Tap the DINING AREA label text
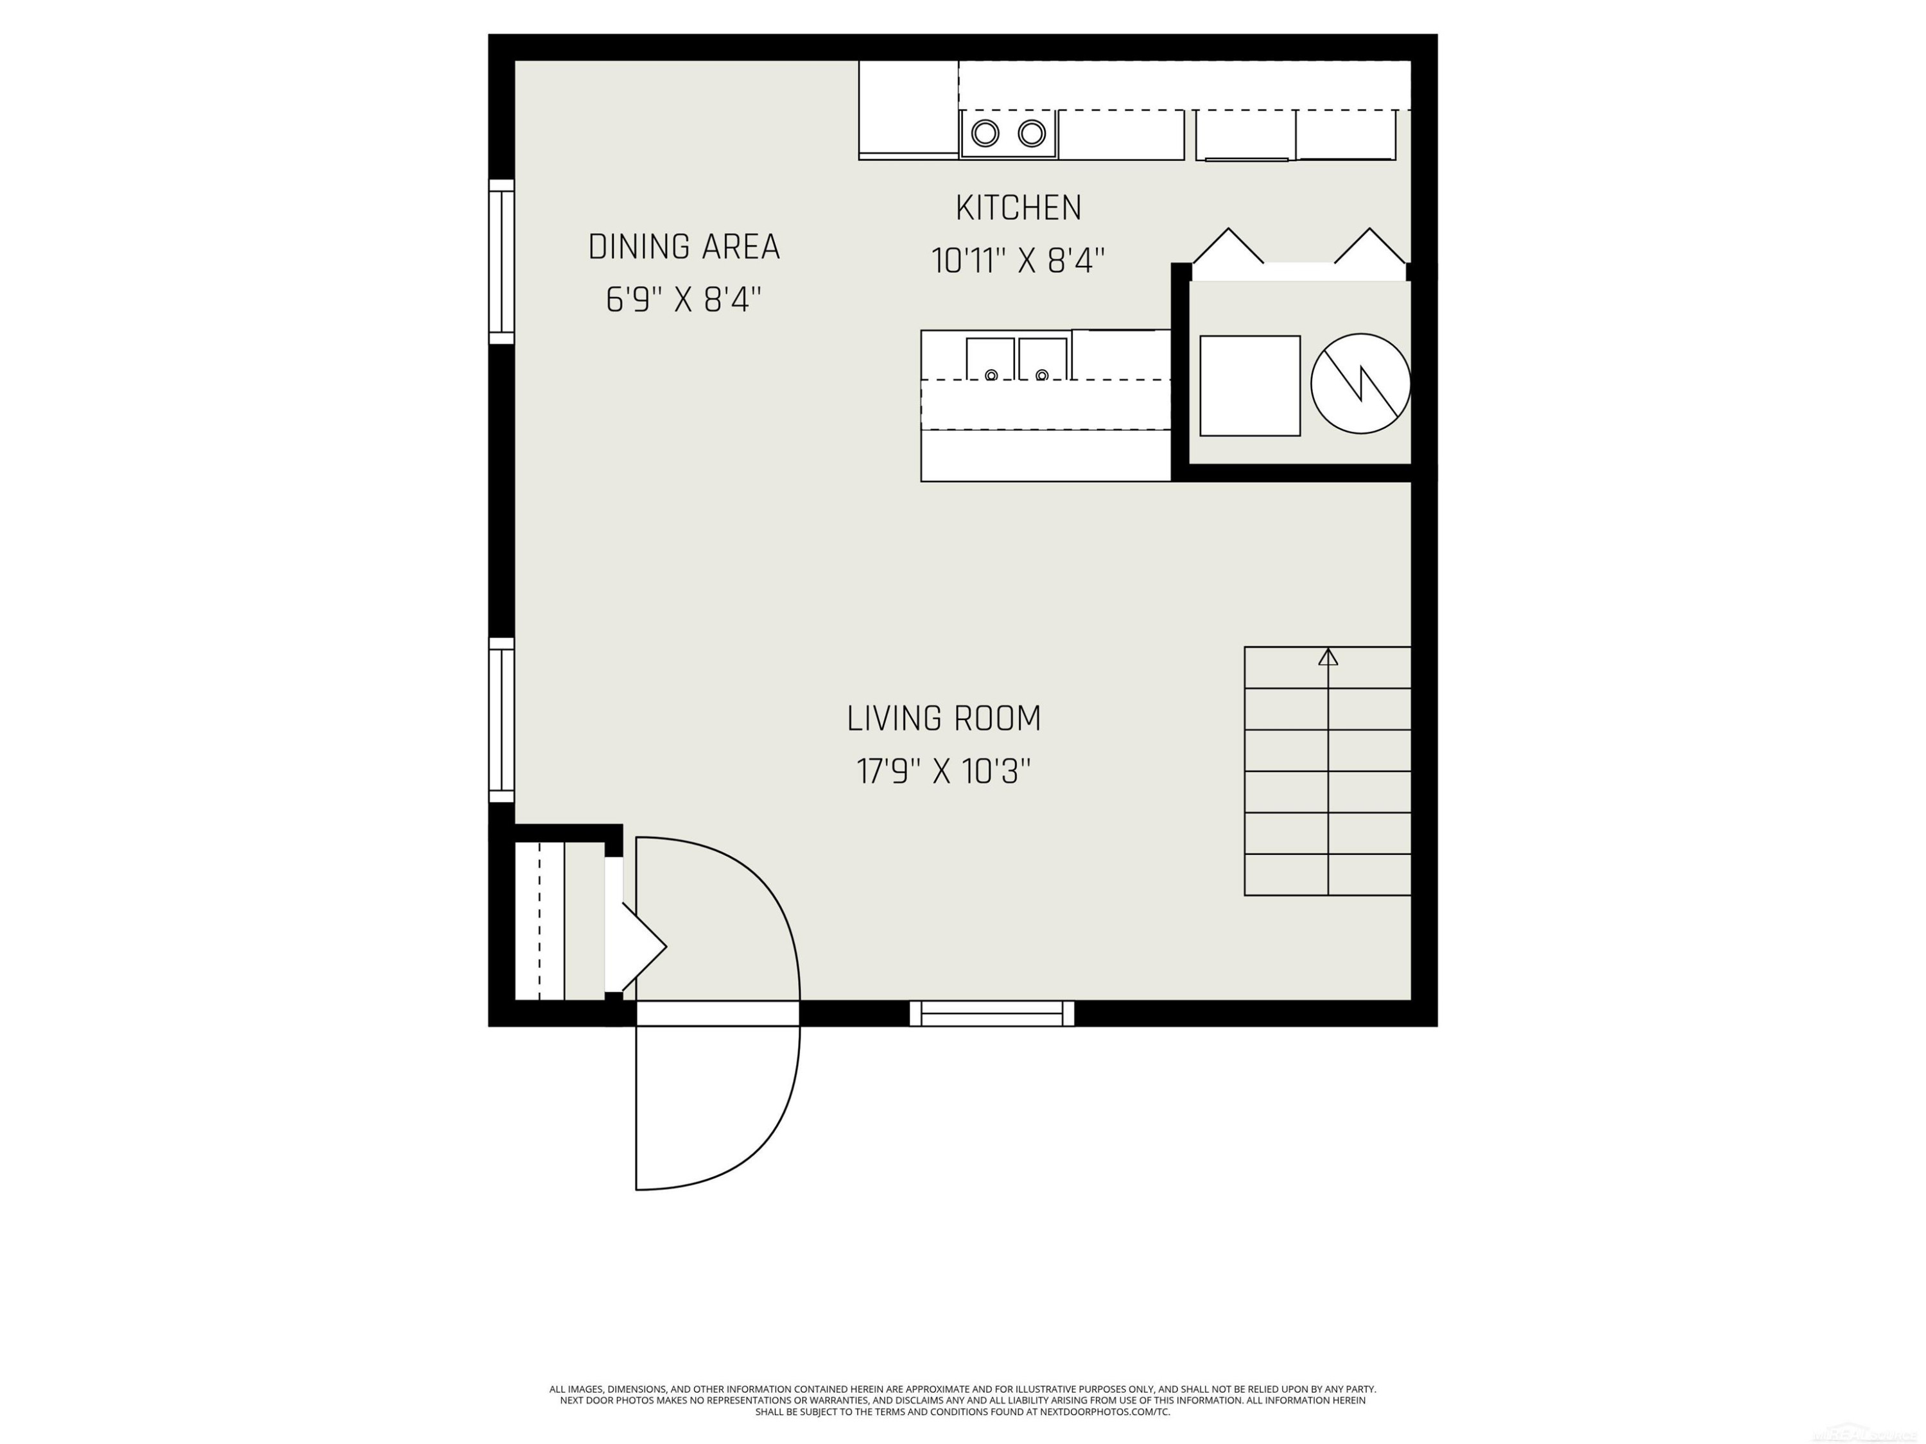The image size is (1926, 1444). point(684,247)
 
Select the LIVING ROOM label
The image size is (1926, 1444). point(944,719)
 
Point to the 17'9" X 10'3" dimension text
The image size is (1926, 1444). point(944,772)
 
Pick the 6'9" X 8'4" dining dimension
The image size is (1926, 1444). point(684,301)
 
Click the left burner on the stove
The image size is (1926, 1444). point(985,133)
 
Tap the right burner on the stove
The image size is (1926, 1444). point(1032,133)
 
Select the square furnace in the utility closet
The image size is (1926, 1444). point(1249,386)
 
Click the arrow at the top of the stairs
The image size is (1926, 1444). point(1328,657)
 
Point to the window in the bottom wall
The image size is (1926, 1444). point(992,1013)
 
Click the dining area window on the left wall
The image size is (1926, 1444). point(501,262)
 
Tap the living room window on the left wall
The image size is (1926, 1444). point(501,720)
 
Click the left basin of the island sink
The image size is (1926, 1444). point(990,359)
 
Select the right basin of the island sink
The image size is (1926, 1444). point(1042,359)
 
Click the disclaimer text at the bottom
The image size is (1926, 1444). point(962,1400)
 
